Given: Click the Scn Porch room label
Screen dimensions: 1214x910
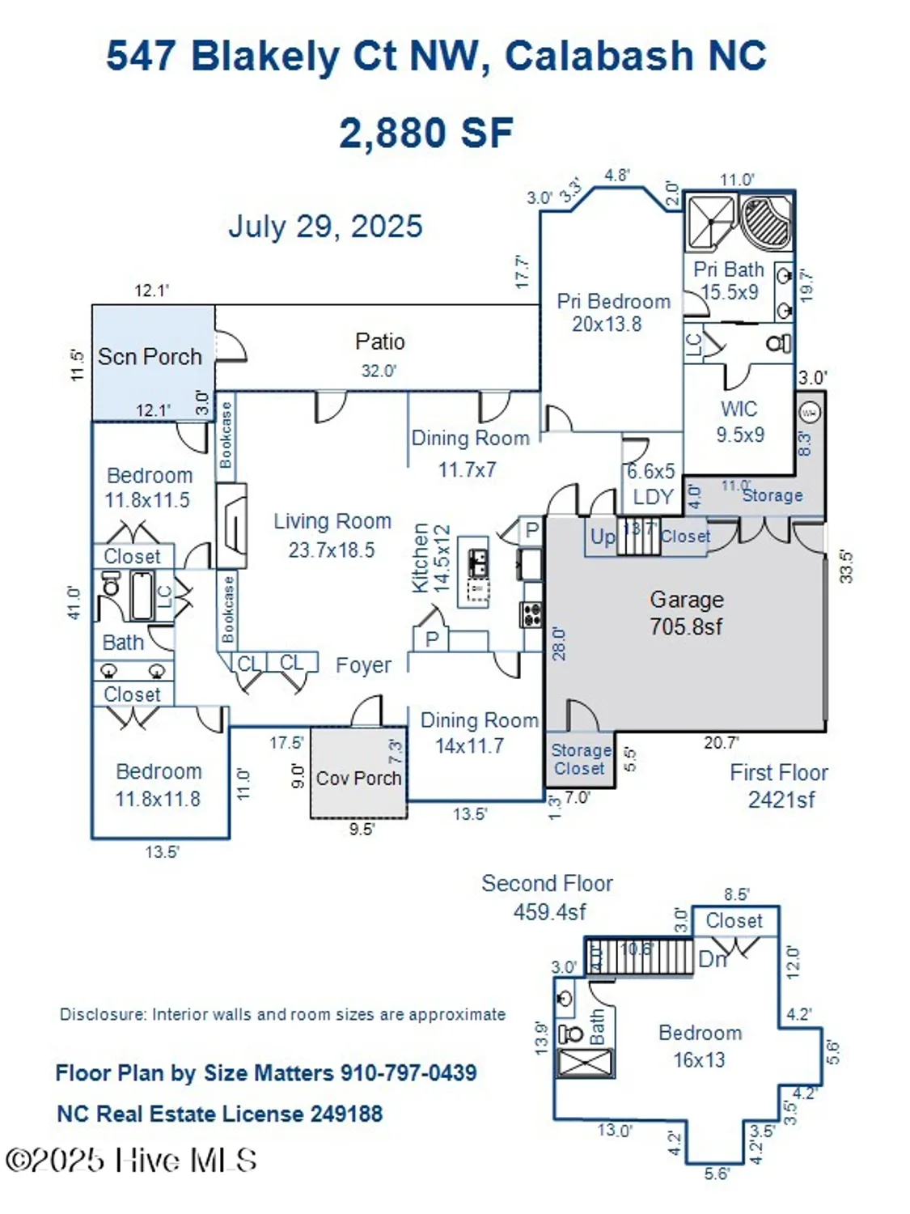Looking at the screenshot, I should point(150,357).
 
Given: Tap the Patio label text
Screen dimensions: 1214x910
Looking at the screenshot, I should point(379,342).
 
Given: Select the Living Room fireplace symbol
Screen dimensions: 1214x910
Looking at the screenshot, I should point(231,526).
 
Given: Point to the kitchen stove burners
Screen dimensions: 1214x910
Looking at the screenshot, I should point(531,614).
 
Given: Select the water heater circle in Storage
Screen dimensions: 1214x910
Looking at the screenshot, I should point(809,413).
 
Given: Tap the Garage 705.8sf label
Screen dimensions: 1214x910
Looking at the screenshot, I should point(686,613).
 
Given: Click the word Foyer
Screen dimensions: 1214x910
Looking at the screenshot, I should point(363,665).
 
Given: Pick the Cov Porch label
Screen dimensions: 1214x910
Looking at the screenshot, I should point(358,779).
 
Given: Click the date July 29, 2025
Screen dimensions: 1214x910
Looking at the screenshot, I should point(325,227).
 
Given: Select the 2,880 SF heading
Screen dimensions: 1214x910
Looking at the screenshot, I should point(425,134).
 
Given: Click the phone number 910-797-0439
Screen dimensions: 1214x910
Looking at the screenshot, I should point(408,1073).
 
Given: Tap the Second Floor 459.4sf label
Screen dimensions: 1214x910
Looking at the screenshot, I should point(548,897).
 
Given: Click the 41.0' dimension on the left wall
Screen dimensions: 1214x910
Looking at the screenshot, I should point(74,603).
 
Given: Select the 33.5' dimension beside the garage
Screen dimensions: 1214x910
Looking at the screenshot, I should point(846,566).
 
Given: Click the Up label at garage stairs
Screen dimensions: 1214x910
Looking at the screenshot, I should point(603,537).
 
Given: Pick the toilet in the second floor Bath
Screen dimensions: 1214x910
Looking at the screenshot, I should point(573,1034).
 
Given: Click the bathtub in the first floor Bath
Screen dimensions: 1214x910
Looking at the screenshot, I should point(142,596).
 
